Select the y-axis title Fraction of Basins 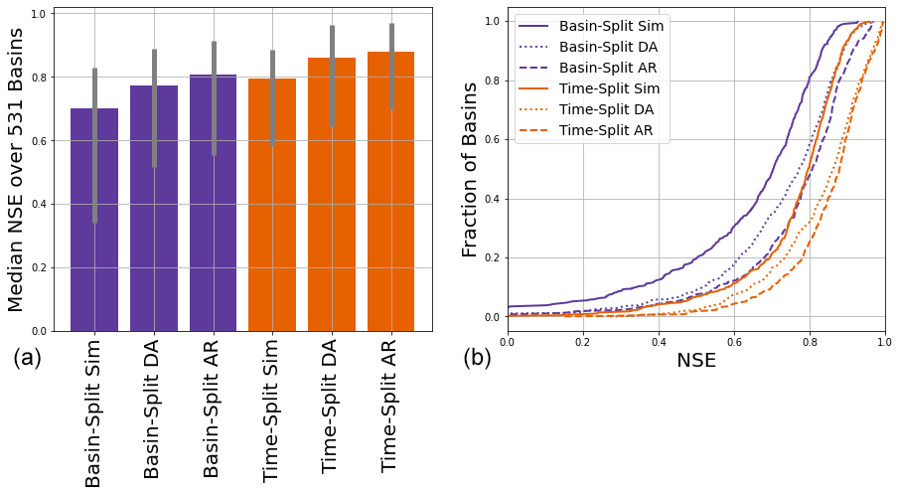pos(471,170)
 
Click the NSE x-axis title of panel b pos(695,361)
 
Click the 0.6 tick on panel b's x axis pos(733,342)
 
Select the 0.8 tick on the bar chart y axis pos(37,78)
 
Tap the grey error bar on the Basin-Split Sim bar pos(94,149)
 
